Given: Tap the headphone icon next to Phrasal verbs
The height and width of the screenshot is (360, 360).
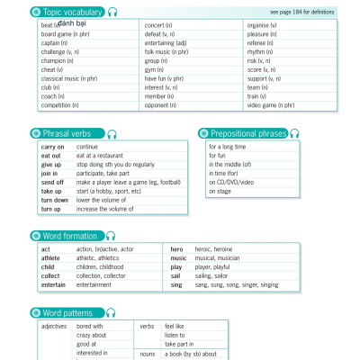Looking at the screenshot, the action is pyautogui.click(x=112, y=133).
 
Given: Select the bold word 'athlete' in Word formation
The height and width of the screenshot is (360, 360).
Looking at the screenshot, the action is pyautogui.click(x=51, y=257).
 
